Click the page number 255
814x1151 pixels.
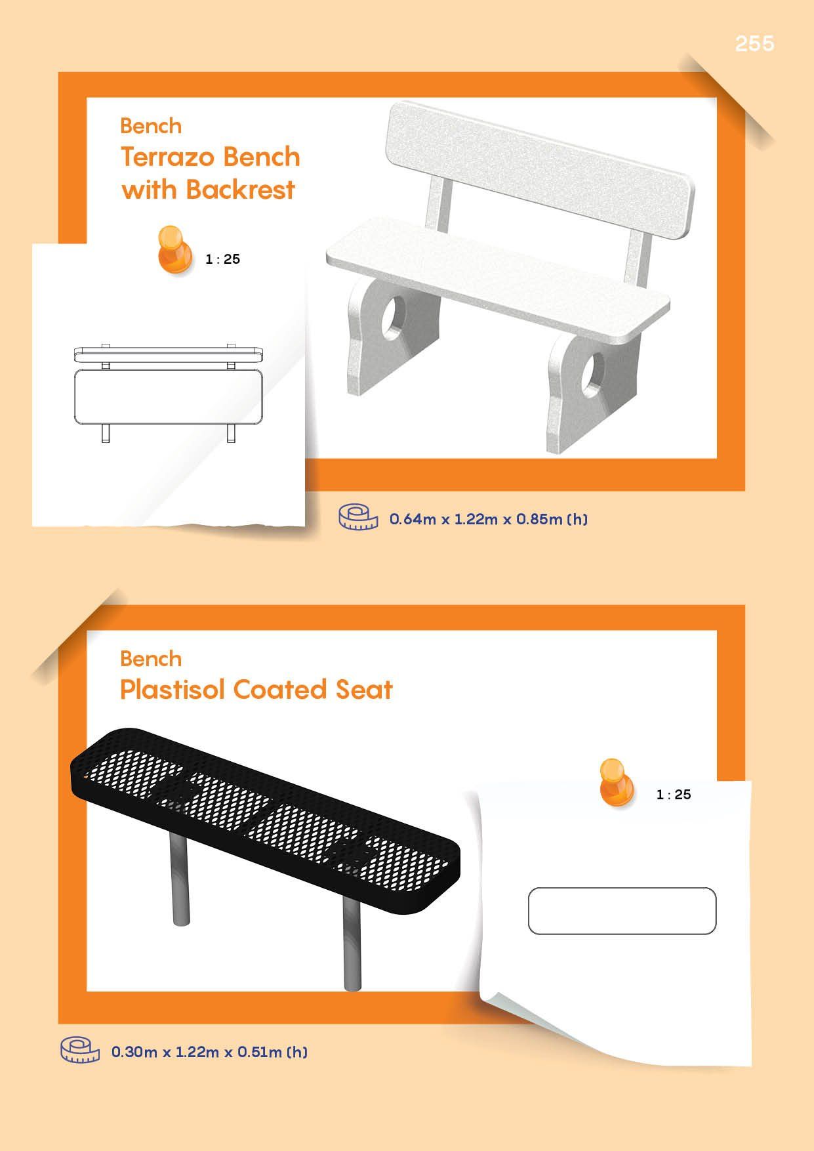click(x=754, y=43)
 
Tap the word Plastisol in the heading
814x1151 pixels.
click(x=173, y=690)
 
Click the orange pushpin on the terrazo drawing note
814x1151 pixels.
click(x=174, y=250)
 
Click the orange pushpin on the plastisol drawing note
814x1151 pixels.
click(x=617, y=783)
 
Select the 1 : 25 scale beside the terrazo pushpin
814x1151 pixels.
click(x=223, y=259)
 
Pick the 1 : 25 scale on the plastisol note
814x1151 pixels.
click(x=674, y=795)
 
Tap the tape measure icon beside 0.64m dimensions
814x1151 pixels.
click(x=358, y=517)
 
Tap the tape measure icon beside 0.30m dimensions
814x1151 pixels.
click(x=80, y=1049)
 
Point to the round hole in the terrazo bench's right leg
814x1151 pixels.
click(x=594, y=373)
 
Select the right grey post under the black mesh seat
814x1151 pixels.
click(x=352, y=942)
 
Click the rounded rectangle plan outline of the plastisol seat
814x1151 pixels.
click(x=622, y=889)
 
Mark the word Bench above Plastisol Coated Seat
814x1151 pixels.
click(x=151, y=659)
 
